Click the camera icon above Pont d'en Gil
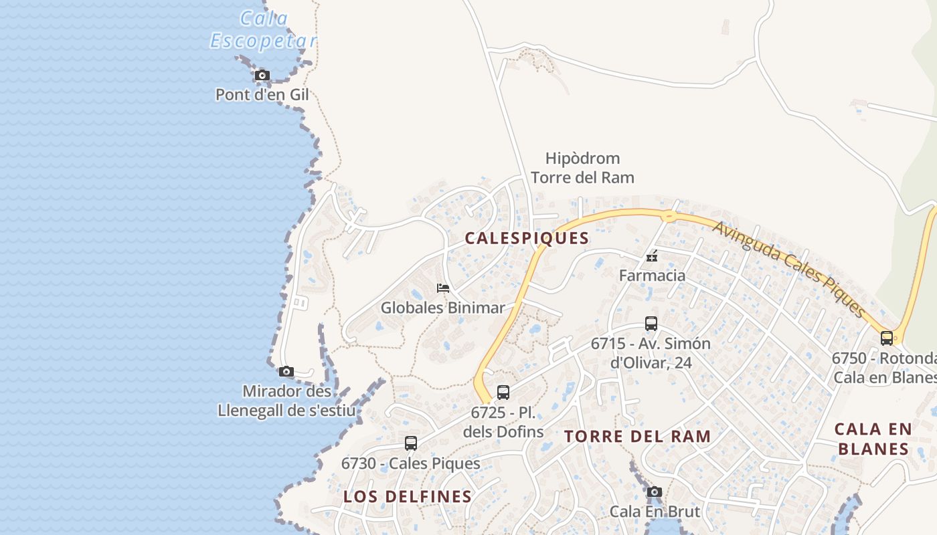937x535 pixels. (262, 75)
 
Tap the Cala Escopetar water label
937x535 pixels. (264, 29)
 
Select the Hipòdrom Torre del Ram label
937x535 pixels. (582, 168)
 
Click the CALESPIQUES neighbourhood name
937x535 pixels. (527, 238)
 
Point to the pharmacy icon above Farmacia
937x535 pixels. (652, 256)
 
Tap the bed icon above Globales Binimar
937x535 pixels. (442, 288)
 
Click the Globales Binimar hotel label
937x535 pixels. (442, 308)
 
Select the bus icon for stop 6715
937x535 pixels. (651, 324)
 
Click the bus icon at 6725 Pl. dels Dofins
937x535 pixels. (503, 393)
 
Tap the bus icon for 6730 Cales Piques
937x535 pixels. (411, 443)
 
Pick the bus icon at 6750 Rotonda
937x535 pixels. (887, 338)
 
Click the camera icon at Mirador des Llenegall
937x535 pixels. (286, 371)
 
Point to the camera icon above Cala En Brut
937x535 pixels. (655, 492)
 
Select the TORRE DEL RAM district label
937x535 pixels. (637, 437)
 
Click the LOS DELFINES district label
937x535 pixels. (408, 497)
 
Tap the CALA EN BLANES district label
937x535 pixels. (873, 438)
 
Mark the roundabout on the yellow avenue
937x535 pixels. (667, 215)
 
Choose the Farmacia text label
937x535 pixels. (652, 276)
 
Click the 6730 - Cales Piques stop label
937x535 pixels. (411, 463)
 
